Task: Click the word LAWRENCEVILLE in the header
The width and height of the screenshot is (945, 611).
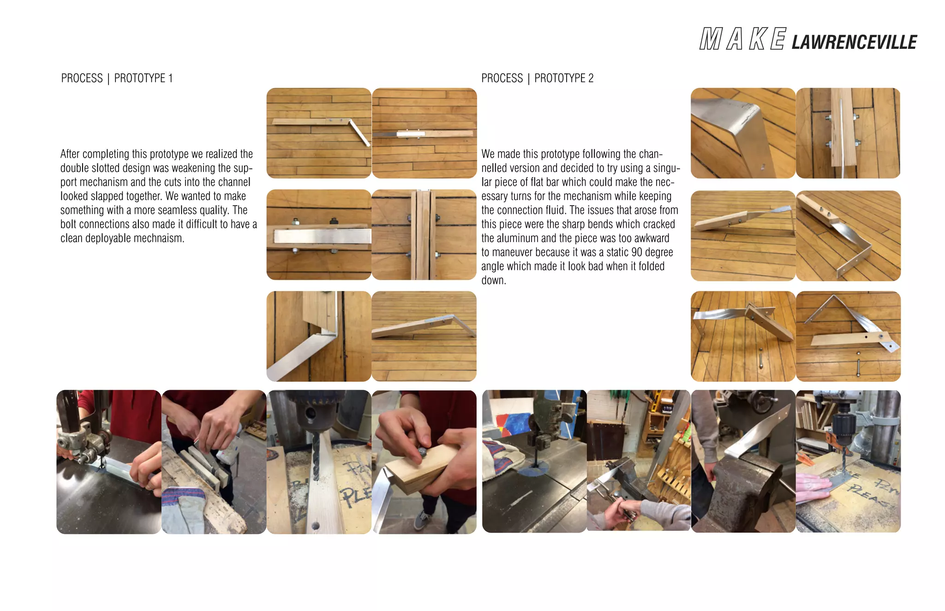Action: [854, 42]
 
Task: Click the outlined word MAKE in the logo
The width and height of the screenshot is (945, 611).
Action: [742, 39]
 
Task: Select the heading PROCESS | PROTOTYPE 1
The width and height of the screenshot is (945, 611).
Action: [117, 78]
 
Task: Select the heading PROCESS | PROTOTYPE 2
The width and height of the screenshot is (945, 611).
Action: [537, 78]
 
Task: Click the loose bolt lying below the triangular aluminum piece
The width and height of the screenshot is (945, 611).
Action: [857, 364]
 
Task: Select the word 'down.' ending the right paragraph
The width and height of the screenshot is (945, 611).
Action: [494, 280]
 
